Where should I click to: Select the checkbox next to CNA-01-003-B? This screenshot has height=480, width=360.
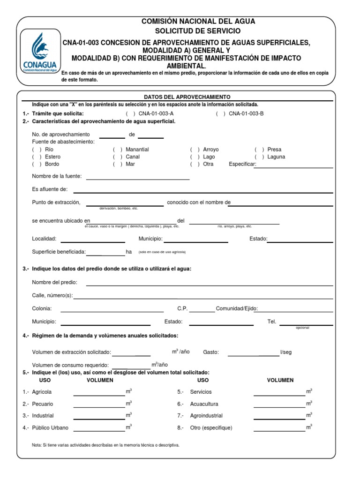(x=221, y=114)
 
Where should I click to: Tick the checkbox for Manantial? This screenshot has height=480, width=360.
(x=117, y=150)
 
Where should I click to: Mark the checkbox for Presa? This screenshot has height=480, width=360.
(x=259, y=150)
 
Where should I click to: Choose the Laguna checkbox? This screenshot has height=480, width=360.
(x=259, y=157)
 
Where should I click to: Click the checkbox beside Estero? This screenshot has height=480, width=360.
(x=37, y=157)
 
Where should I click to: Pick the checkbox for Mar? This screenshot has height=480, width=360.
(x=117, y=165)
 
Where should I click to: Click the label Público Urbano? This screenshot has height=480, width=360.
(x=50, y=427)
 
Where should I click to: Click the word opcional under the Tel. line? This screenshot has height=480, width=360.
(x=302, y=328)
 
